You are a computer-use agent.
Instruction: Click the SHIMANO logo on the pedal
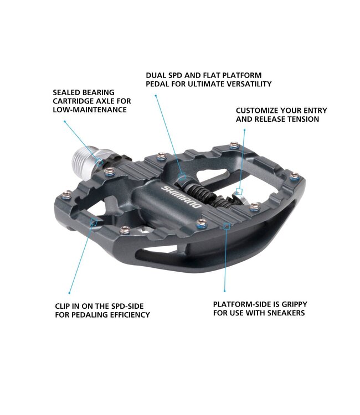point(182,197)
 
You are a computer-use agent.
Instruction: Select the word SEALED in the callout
point(66,92)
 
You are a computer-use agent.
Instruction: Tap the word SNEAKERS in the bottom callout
point(286,313)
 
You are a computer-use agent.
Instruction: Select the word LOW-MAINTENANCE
point(90,110)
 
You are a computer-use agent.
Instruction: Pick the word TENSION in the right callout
point(304,119)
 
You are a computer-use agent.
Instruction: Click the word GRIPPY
point(294,304)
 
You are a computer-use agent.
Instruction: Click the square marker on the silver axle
point(100,162)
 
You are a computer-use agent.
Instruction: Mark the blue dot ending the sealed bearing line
point(64,121)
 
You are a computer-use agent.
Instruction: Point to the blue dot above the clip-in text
point(69,293)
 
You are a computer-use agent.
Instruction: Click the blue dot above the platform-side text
point(225,291)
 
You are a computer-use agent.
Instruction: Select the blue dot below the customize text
point(244,130)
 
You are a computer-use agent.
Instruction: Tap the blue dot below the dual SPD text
point(156,96)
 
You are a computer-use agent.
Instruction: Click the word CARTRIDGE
point(73,101)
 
